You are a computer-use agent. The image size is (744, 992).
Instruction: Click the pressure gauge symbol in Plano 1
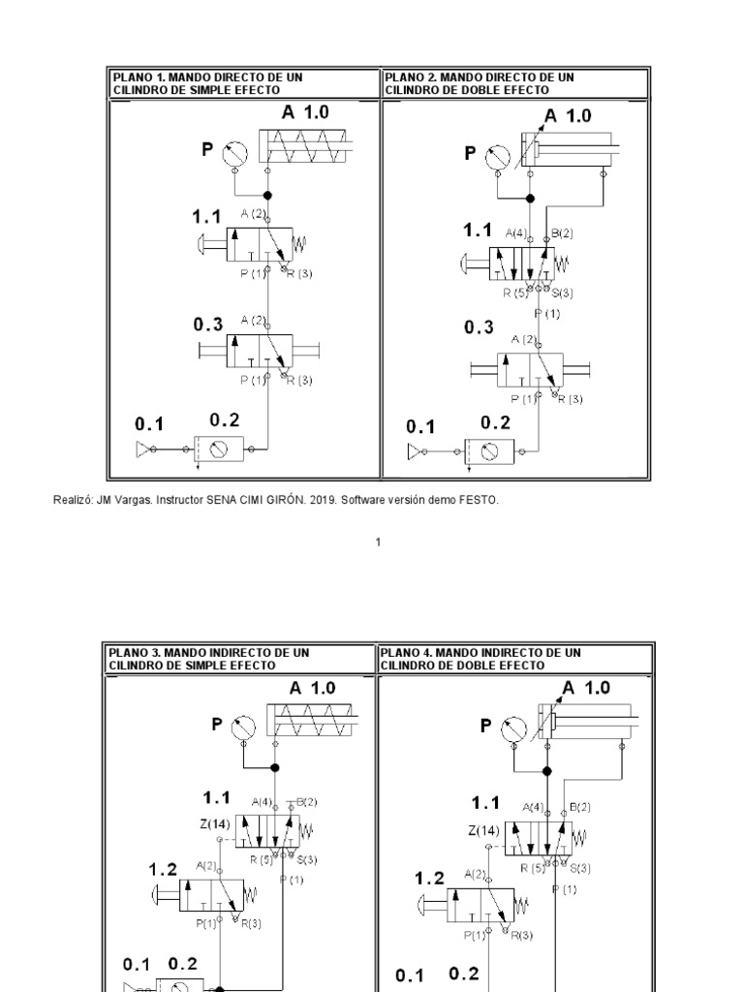coord(235,151)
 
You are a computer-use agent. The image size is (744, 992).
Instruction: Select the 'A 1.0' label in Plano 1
coord(306,112)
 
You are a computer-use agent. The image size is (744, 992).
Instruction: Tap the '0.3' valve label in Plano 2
coord(478,328)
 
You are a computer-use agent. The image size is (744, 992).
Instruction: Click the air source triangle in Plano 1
coord(144,449)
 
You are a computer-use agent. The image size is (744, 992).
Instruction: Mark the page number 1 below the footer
coord(379,542)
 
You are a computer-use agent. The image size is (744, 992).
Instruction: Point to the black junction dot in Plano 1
coord(267,195)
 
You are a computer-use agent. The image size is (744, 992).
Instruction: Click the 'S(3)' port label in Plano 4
coord(578,867)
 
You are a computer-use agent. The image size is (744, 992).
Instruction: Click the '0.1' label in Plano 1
coord(149,424)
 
